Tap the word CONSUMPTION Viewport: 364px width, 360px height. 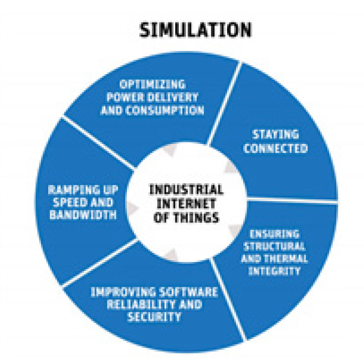click(x=171, y=110)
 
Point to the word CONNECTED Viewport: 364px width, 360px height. click(x=275, y=148)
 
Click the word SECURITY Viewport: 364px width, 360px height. click(x=153, y=317)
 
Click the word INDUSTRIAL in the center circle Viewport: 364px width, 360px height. click(x=186, y=190)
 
